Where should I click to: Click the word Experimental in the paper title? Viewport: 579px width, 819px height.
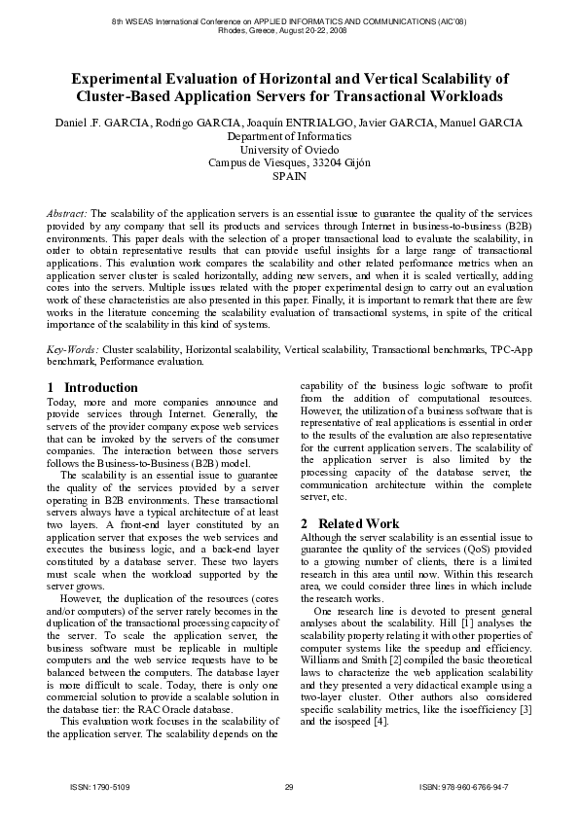121,79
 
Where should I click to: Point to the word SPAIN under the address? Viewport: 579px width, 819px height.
289,177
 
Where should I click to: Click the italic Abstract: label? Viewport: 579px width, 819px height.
68,212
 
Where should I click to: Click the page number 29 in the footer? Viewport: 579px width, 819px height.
289,786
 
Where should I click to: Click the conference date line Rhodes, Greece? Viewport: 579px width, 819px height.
289,30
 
